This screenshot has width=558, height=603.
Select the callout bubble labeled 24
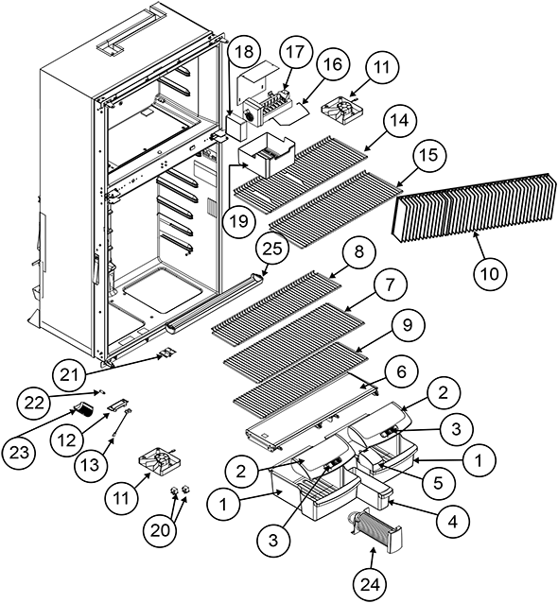tap(362, 582)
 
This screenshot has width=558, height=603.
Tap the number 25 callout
tap(270, 250)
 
